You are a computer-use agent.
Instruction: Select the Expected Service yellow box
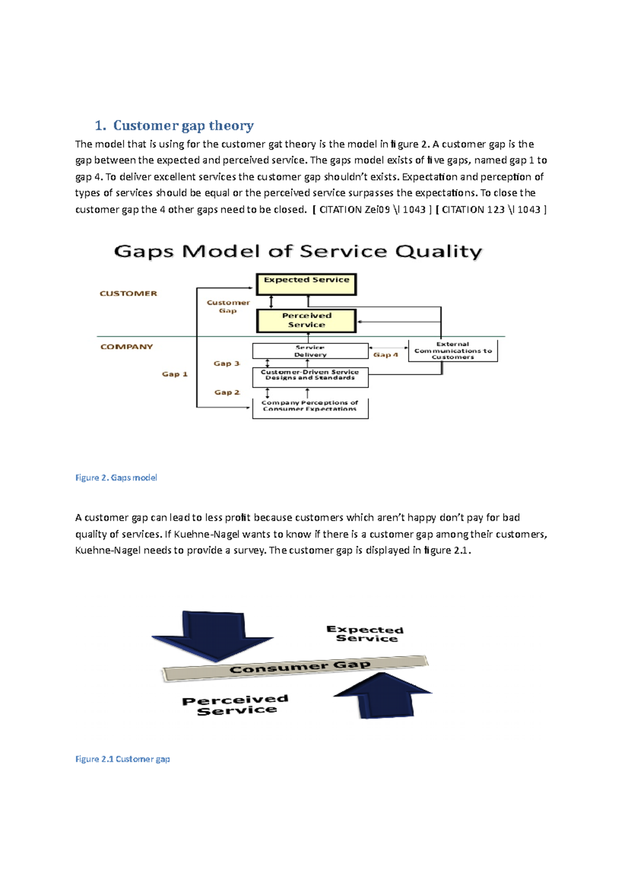[306, 284]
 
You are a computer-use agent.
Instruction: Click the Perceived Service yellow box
[306, 320]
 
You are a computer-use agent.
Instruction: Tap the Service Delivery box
[310, 351]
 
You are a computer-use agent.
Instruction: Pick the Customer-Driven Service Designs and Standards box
[310, 377]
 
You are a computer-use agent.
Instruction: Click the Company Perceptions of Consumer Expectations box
[310, 408]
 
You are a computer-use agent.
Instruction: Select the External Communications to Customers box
[453, 351]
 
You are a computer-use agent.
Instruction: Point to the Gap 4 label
[386, 355]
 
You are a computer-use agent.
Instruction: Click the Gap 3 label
[226, 363]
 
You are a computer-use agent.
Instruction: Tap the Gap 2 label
[227, 392]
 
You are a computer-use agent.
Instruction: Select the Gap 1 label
[174, 374]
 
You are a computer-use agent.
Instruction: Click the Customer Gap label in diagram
[228, 306]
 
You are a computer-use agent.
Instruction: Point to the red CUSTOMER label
[128, 294]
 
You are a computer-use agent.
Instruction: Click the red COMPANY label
[127, 347]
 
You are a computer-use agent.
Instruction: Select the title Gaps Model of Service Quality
[298, 251]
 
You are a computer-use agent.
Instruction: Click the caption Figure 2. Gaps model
[116, 477]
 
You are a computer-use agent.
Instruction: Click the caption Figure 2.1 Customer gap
[122, 759]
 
